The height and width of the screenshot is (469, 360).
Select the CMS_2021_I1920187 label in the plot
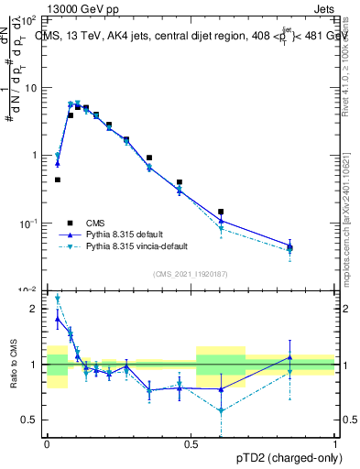tap(191, 274)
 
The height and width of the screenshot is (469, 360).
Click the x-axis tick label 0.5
tap(191, 442)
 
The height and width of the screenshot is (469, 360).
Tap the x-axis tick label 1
tap(335, 442)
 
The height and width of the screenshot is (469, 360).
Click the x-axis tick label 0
tap(47, 442)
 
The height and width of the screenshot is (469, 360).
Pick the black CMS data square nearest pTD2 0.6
tap(221, 212)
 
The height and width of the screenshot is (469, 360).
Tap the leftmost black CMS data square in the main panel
tap(58, 180)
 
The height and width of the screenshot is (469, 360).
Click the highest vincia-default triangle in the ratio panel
tap(58, 298)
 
